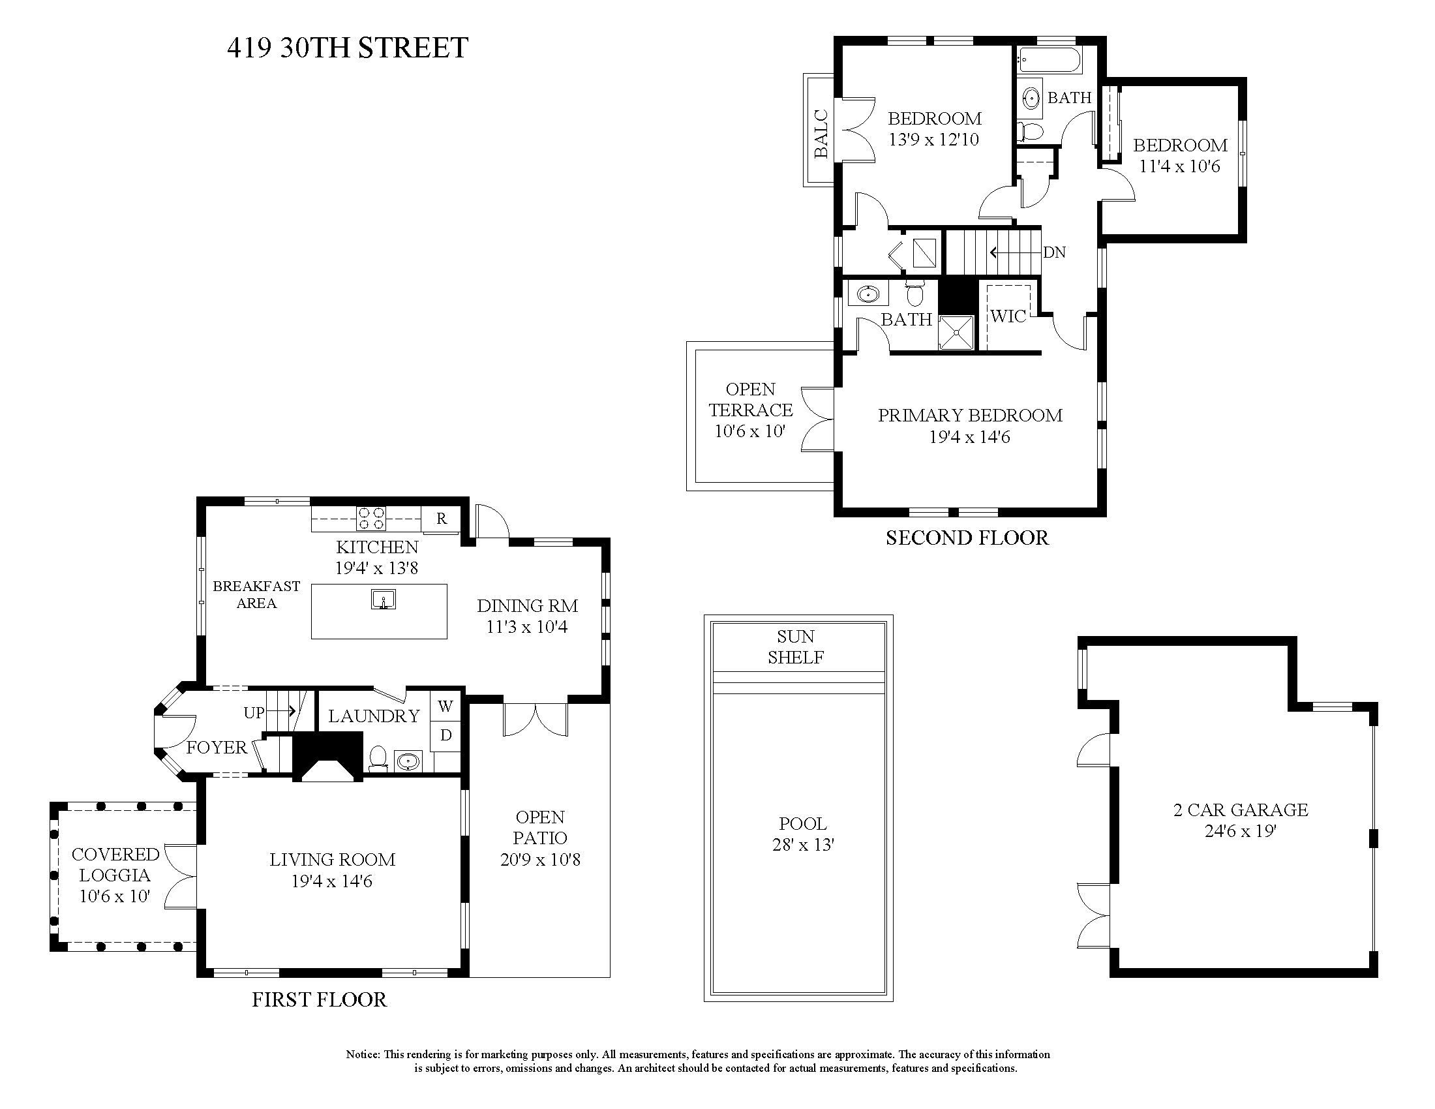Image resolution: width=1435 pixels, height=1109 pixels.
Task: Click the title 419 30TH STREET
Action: [347, 48]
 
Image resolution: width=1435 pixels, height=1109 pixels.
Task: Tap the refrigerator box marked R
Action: [441, 519]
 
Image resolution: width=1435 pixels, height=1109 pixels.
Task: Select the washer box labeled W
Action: [446, 707]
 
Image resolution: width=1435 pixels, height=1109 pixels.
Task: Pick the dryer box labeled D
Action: [446, 735]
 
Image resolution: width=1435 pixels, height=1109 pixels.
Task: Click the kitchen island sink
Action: [383, 599]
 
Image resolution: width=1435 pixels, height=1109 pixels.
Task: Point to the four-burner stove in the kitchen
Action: [371, 519]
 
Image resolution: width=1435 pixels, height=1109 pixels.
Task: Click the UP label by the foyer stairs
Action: [254, 712]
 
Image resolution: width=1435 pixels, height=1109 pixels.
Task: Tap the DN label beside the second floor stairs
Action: [1054, 252]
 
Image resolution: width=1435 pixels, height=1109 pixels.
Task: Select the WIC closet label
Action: [1008, 316]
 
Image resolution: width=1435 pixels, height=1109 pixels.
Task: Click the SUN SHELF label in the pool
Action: [796, 646]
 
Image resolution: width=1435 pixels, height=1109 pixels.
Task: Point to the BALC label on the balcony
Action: [821, 134]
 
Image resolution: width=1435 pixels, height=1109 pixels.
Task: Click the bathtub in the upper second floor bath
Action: [1049, 61]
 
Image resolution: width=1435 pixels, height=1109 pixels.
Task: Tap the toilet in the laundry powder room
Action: [378, 759]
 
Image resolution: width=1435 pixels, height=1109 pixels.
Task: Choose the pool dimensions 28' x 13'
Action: [803, 844]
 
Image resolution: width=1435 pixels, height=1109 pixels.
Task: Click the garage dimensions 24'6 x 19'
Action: [1240, 831]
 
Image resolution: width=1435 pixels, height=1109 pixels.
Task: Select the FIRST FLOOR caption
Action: [320, 999]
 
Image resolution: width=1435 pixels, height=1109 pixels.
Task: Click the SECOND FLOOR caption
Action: [967, 538]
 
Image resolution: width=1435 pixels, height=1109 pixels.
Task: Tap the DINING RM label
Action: [527, 606]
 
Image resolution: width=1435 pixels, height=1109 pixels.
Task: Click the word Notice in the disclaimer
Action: [362, 1054]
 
